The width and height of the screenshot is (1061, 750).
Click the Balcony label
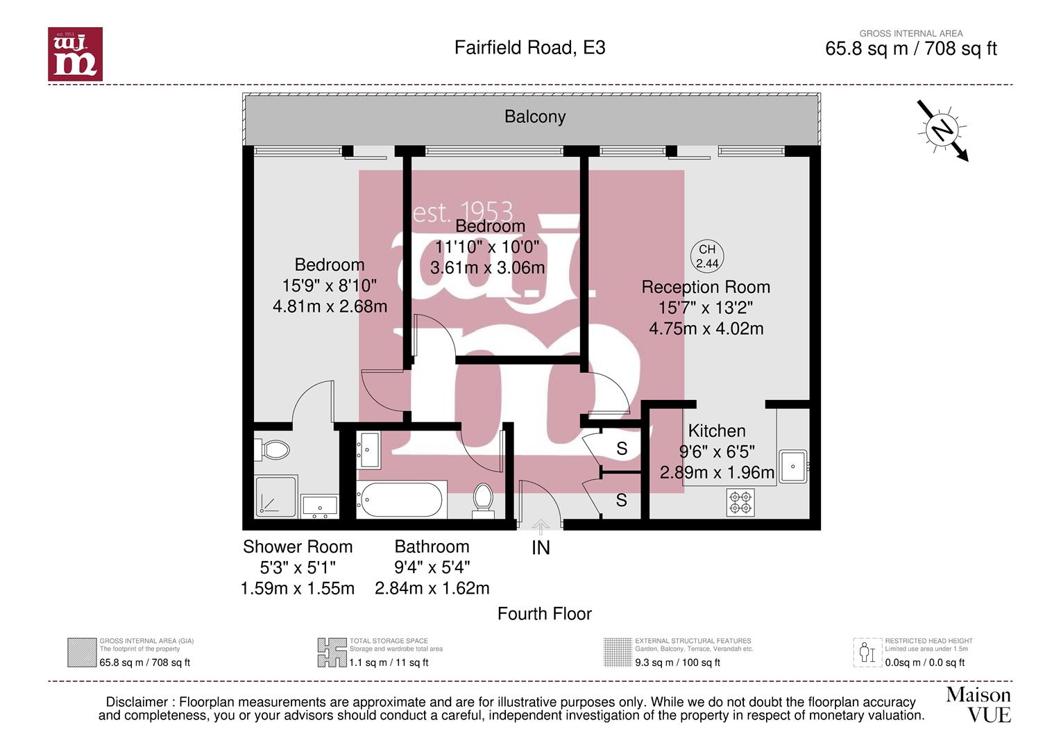[534, 117]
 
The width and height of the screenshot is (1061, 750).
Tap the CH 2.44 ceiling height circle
[707, 256]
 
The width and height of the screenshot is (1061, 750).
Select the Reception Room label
[705, 287]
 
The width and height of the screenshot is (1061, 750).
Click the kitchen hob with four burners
[740, 502]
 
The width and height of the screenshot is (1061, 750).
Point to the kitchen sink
[793, 466]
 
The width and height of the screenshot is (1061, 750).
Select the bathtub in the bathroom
[400, 499]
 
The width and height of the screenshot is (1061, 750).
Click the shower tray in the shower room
[276, 497]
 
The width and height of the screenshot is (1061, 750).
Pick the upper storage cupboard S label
[622, 449]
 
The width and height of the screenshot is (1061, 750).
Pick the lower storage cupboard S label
[622, 500]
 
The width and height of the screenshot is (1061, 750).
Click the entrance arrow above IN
[541, 527]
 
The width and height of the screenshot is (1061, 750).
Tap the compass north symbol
[942, 130]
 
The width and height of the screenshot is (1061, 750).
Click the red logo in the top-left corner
[75, 54]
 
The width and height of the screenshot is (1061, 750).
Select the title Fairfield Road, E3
[529, 47]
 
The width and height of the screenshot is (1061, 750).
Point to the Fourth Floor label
[544, 614]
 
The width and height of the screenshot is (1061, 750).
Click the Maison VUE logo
[978, 704]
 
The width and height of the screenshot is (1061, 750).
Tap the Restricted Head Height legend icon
[866, 652]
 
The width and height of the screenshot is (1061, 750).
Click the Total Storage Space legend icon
[332, 652]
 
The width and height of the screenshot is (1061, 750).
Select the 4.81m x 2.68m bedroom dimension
[330, 306]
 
